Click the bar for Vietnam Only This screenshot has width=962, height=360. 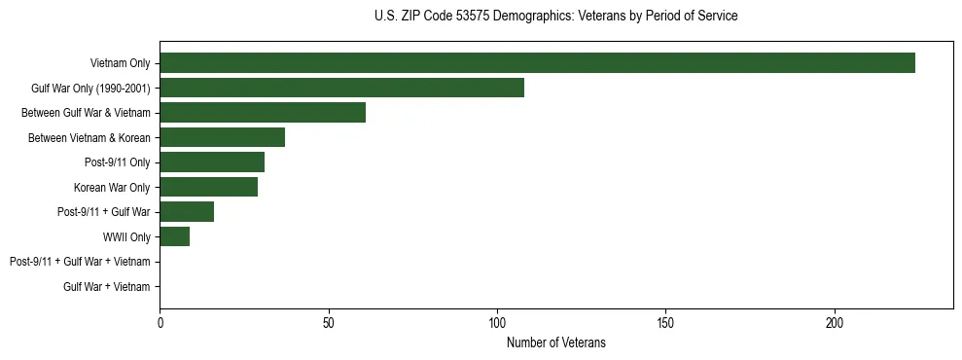pyautogui.click(x=537, y=63)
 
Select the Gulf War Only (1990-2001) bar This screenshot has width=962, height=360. pyautogui.click(x=341, y=88)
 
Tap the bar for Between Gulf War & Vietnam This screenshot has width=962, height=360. pyautogui.click(x=263, y=113)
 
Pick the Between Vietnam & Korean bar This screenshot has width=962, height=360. pyautogui.click(x=222, y=137)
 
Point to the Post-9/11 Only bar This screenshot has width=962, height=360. pyautogui.click(x=212, y=162)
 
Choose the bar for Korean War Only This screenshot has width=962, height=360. pyautogui.click(x=208, y=187)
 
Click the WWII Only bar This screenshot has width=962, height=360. pyautogui.click(x=174, y=236)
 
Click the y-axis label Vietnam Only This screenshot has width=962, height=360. pyautogui.click(x=120, y=64)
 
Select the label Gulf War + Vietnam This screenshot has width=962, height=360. pyautogui.click(x=107, y=287)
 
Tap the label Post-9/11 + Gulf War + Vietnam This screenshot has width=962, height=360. pyautogui.click(x=80, y=262)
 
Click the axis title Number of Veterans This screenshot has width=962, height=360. pyautogui.click(x=555, y=342)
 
